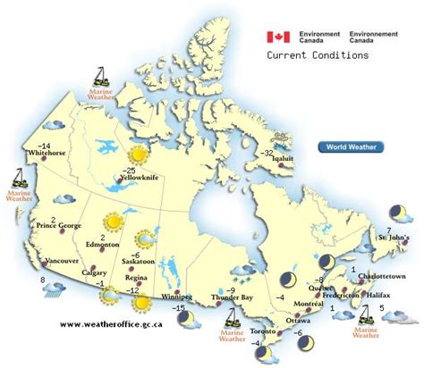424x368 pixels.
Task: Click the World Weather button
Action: pyautogui.click(x=350, y=146)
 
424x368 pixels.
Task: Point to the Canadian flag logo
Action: pyautogui.click(x=277, y=37)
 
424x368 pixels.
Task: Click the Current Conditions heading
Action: pyautogui.click(x=317, y=55)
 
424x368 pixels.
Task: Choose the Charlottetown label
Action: pyautogui.click(x=381, y=277)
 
